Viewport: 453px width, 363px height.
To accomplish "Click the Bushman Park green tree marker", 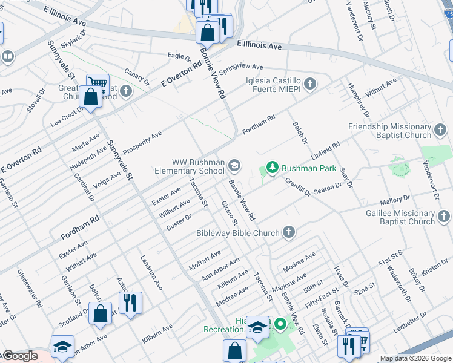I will click(x=273, y=167).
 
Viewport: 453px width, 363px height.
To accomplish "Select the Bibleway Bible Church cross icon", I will click(x=289, y=232).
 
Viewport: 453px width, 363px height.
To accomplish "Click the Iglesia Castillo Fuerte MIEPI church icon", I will click(x=310, y=83).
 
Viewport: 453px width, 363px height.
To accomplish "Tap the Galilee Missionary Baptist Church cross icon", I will click(x=444, y=214).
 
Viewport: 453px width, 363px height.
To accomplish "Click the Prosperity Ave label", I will click(x=142, y=143).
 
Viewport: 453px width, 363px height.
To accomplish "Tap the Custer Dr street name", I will click(x=179, y=222).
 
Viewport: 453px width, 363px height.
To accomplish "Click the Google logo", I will click(x=20, y=356).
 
